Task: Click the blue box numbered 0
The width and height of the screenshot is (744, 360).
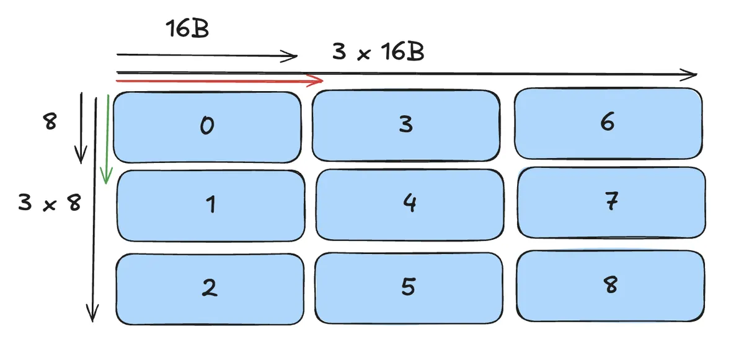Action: tap(207, 127)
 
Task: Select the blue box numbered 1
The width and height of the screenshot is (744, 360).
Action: tap(211, 205)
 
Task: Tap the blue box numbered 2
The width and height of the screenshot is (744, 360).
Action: tap(210, 289)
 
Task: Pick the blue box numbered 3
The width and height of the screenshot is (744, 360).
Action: tap(405, 125)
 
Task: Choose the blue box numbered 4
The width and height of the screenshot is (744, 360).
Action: tap(409, 203)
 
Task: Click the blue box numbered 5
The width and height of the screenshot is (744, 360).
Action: tap(408, 288)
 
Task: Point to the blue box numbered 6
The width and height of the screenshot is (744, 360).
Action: tap(608, 123)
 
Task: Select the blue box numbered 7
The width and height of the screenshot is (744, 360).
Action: tap(611, 202)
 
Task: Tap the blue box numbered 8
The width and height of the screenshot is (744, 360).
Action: tap(610, 286)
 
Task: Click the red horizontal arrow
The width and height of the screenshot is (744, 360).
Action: tap(217, 81)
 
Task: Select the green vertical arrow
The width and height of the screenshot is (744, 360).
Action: tap(107, 139)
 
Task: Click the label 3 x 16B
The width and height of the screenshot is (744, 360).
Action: tap(378, 52)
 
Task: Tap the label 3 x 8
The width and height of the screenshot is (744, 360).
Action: tap(50, 203)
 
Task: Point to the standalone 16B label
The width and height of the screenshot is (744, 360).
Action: tap(187, 29)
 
